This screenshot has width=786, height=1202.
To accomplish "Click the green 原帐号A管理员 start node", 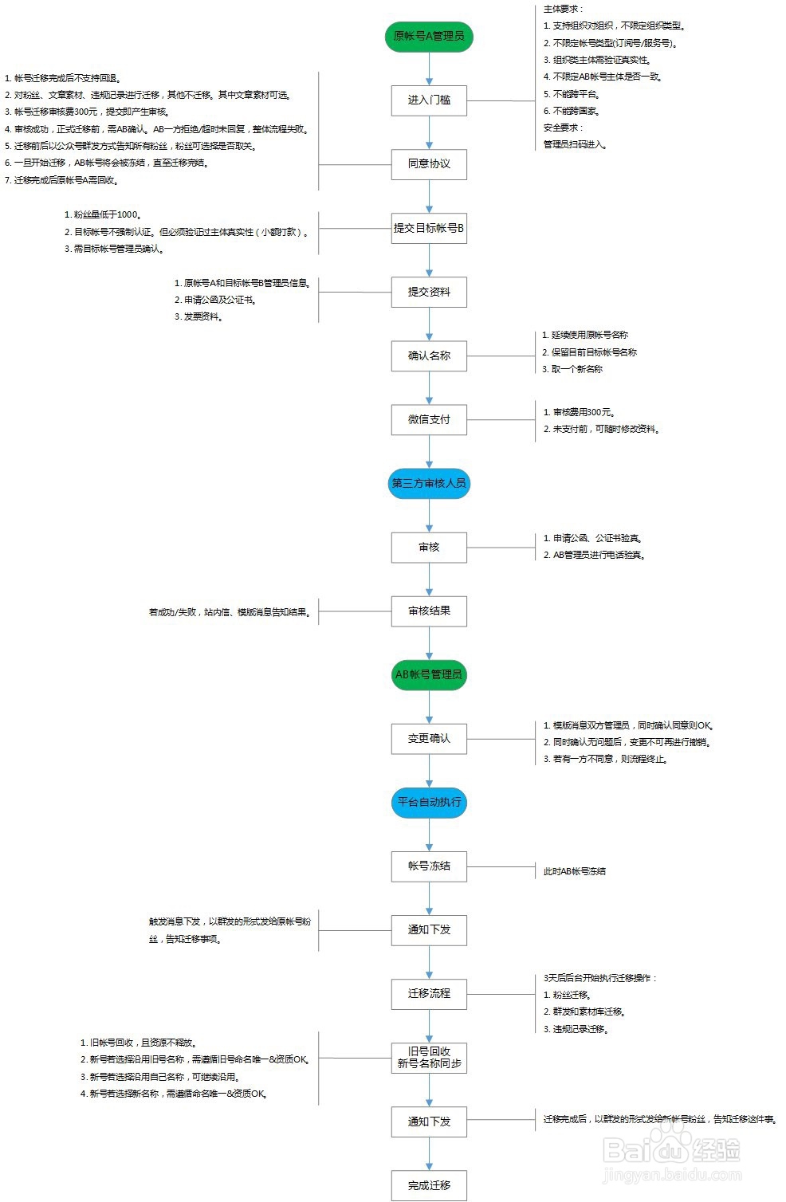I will tap(429, 37).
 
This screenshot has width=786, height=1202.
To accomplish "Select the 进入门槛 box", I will tap(429, 100).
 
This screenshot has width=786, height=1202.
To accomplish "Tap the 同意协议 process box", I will tap(429, 164).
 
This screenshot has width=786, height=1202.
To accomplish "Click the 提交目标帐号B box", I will tap(429, 228).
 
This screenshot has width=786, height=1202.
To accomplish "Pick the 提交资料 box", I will tap(429, 292).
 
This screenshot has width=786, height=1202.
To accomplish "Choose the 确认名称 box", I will tap(429, 355).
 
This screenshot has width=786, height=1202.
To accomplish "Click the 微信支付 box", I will tap(429, 419).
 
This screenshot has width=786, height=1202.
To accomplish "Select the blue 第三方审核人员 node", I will tap(429, 483).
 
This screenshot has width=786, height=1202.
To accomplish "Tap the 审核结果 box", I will tap(429, 611).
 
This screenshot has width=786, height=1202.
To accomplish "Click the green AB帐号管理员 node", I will tap(429, 674).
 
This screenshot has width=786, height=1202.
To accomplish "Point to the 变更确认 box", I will tap(429, 738).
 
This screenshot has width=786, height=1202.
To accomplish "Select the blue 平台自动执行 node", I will tap(429, 802).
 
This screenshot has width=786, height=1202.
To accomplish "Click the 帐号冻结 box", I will tap(429, 866).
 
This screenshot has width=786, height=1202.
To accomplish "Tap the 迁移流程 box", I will tap(429, 993).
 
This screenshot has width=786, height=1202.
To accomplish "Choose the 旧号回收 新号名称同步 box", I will tap(429, 1058).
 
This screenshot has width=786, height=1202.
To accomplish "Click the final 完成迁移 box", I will tap(429, 1185).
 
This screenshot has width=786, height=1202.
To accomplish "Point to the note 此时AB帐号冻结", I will tap(574, 871).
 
